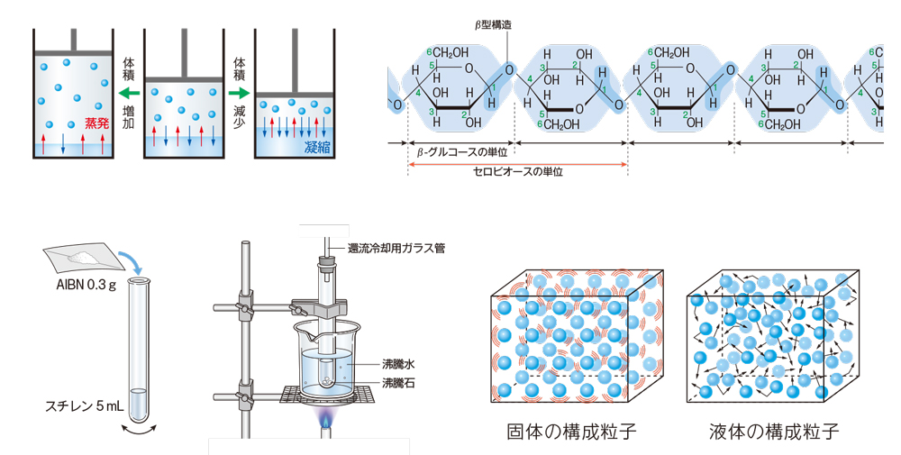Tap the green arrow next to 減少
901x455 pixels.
tap(240, 93)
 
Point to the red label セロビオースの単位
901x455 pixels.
tap(518, 171)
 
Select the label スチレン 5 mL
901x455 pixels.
tap(84, 406)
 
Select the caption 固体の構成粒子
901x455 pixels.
tap(572, 432)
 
